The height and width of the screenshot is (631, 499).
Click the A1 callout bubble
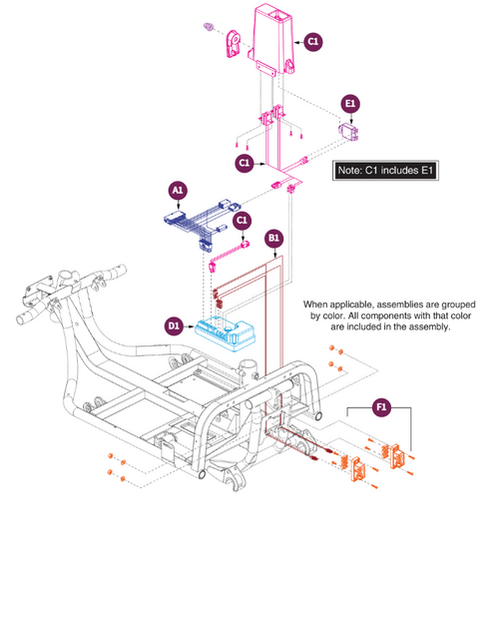[178, 191]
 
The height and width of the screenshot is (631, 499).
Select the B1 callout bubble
[273, 239]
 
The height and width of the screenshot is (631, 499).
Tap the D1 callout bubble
[174, 325]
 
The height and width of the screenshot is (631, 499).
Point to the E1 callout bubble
[350, 104]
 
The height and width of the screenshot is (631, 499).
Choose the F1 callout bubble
[381, 407]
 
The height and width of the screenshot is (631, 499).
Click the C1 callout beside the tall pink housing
[312, 42]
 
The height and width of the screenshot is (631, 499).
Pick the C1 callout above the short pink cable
[242, 221]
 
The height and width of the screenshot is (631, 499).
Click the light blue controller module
[226, 334]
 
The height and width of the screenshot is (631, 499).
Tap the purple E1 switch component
[348, 131]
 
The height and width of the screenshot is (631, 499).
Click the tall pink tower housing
[271, 39]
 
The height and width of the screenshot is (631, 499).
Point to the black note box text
[385, 171]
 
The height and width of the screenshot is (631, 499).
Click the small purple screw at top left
[208, 27]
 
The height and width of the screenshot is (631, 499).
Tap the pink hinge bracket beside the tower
[233, 44]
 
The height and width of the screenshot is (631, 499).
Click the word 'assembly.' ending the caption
[430, 326]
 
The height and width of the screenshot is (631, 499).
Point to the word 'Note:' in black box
[349, 171]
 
